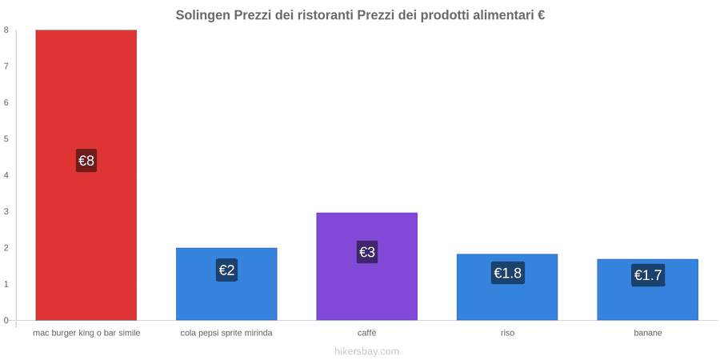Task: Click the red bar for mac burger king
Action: tap(86, 175)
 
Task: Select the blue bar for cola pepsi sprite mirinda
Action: tap(226, 284)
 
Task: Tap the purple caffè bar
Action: tap(367, 266)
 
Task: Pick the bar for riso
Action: tap(507, 287)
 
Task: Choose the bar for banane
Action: tap(647, 290)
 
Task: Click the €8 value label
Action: tap(86, 161)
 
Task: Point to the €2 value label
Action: tap(227, 270)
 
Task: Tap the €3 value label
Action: tap(367, 252)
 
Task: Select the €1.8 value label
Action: tap(507, 273)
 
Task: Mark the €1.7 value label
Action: tap(648, 275)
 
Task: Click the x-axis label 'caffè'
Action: tap(367, 333)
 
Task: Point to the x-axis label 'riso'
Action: tap(507, 333)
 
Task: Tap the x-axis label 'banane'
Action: tap(648, 333)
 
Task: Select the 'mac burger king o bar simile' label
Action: tap(86, 333)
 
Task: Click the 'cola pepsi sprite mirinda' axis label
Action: tap(226, 333)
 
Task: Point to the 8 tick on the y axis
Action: tap(6, 30)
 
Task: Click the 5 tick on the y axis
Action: tap(6, 138)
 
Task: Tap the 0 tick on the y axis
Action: tap(6, 320)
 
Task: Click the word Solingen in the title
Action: tap(202, 15)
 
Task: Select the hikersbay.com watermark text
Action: tap(367, 351)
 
